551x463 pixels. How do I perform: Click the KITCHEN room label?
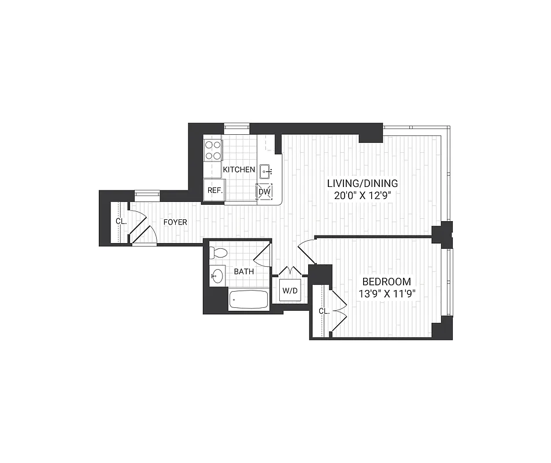pos(239,170)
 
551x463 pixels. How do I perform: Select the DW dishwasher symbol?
pos(264,192)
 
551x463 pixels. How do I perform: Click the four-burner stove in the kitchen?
pos(213,150)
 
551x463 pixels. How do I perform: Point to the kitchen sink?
pos(265,170)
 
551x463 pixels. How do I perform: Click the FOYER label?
pos(175,222)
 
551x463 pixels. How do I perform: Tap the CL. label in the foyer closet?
pos(120,221)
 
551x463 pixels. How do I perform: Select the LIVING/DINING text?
pos(363,183)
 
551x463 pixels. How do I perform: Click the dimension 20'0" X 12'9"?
pos(363,195)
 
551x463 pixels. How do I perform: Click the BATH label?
pos(243,271)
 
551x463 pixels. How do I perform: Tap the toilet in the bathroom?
pos(219,253)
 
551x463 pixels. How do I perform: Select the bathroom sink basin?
pos(217,276)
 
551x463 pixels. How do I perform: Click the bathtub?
pos(249,300)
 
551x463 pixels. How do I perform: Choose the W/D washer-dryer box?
pos(289,291)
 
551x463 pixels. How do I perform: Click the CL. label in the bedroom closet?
pos(324,311)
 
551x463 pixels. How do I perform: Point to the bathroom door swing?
pos(262,255)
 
